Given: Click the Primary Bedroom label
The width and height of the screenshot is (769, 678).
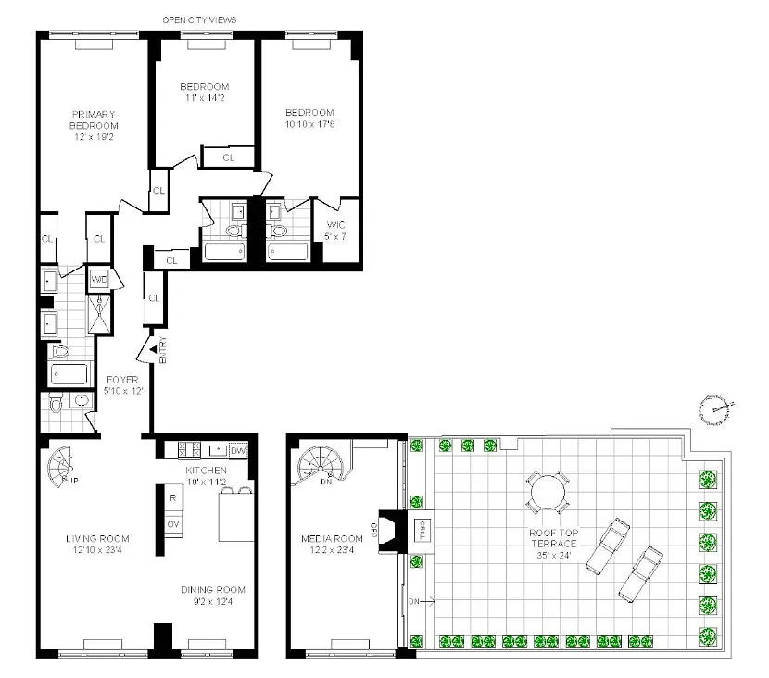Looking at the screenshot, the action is [94, 125].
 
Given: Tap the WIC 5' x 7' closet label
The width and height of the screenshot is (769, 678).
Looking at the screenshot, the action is [336, 231].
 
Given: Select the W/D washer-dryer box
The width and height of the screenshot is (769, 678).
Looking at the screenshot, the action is [99, 280].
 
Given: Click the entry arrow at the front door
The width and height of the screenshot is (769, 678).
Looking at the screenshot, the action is [153, 349].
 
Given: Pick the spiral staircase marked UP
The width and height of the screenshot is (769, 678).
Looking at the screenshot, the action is [61, 466].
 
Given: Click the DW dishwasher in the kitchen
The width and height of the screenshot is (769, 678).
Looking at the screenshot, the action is [238, 450].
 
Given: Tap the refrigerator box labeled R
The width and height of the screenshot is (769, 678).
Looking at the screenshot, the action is [173, 498].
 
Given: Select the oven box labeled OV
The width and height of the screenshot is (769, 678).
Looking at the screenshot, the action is [173, 524].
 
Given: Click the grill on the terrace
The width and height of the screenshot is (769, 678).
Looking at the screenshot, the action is [422, 531].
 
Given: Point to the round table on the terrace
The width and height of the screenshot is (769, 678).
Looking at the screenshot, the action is [548, 492].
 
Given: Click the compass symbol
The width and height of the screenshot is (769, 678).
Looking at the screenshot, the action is [715, 408].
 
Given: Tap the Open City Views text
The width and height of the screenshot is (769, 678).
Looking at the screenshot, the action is [199, 20].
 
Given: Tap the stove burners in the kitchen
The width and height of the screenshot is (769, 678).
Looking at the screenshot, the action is [189, 449].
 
